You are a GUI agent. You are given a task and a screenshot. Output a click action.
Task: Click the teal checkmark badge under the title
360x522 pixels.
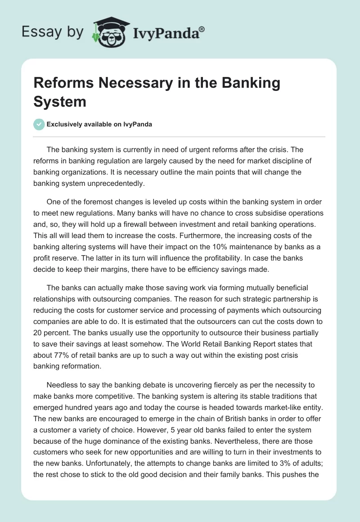point(40,124)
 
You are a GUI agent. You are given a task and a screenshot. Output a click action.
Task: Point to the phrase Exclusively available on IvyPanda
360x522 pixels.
point(100,124)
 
